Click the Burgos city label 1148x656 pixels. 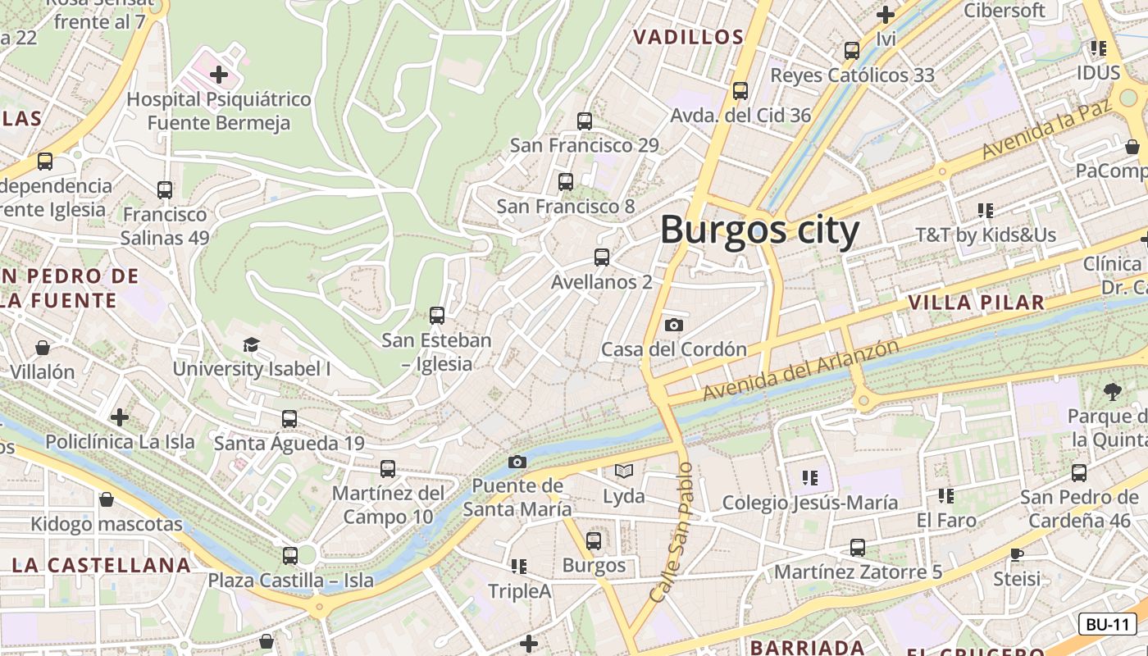point(759,230)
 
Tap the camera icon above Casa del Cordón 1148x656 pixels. point(674,325)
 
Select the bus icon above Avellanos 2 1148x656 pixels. point(602,257)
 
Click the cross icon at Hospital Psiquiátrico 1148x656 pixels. point(219,75)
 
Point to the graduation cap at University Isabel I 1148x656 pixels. point(251,344)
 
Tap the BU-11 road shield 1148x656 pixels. point(1107,624)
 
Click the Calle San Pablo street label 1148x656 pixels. point(672,533)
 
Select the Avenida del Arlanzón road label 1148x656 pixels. point(800,370)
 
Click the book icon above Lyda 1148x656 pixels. point(624,471)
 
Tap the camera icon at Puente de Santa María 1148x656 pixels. point(517,462)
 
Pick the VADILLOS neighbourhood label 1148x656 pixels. point(689,37)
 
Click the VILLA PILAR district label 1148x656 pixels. point(976,303)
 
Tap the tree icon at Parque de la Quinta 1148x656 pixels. point(1113,391)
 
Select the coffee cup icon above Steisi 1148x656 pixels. point(1017,554)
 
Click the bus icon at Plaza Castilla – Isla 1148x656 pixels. point(290,555)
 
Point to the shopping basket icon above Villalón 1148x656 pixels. point(43,348)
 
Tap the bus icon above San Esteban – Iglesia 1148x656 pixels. point(437,315)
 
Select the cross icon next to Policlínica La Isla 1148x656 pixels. point(120,417)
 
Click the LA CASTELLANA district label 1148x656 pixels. point(101,565)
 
